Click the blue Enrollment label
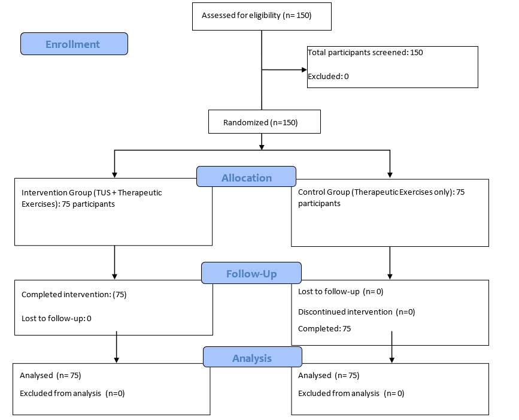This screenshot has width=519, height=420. (x=74, y=44)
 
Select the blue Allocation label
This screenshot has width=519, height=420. (x=246, y=177)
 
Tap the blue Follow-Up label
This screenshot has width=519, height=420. (x=251, y=273)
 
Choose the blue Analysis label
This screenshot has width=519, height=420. (x=252, y=358)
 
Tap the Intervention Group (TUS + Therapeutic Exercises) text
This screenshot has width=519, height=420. (x=91, y=198)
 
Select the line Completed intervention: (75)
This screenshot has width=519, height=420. (x=74, y=294)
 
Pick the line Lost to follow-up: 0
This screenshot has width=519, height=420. (x=56, y=318)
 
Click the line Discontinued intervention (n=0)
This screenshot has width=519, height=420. (x=356, y=312)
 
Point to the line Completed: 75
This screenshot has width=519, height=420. (x=324, y=329)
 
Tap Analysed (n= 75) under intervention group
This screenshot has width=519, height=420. (x=50, y=376)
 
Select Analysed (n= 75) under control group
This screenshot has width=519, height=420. (x=328, y=376)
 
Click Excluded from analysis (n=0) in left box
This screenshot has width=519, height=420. (x=72, y=394)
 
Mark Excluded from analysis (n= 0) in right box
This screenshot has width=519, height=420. (x=351, y=394)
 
